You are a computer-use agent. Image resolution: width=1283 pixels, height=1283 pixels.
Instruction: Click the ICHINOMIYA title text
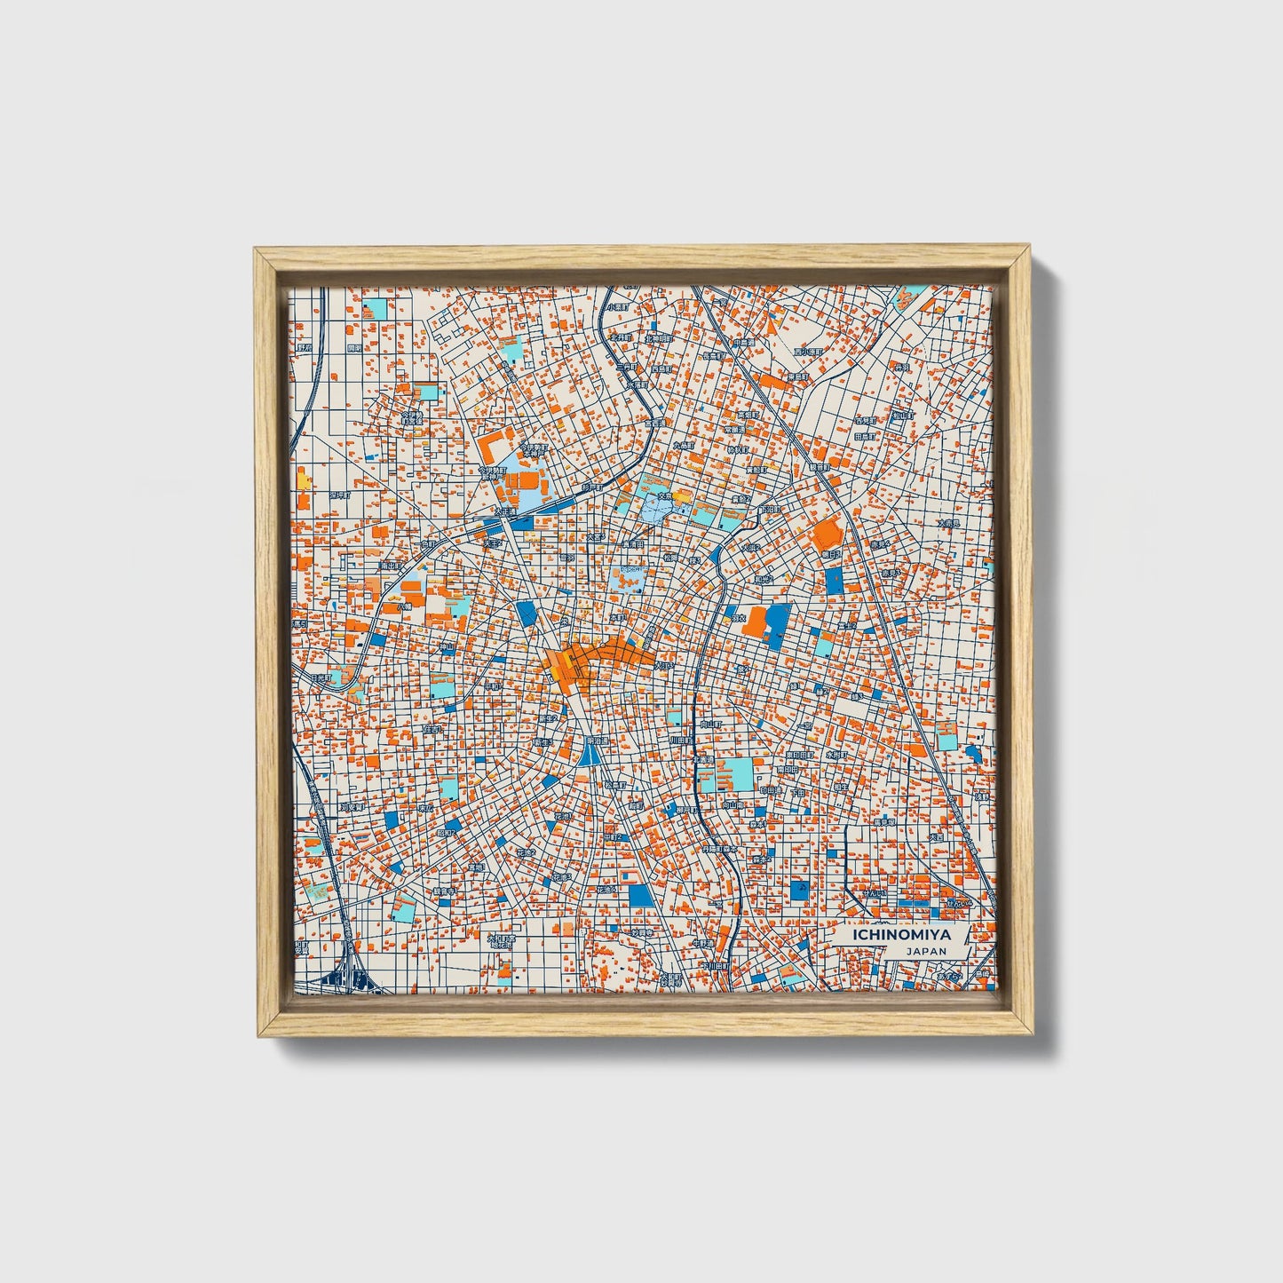pyautogui.click(x=900, y=934)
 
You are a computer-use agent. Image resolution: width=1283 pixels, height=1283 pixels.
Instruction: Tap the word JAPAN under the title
pyautogui.click(x=926, y=951)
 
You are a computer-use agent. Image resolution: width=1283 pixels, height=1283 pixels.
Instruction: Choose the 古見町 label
pyautogui.click(x=865, y=420)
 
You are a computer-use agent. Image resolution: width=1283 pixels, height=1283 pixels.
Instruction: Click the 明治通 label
pyautogui.click(x=596, y=740)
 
